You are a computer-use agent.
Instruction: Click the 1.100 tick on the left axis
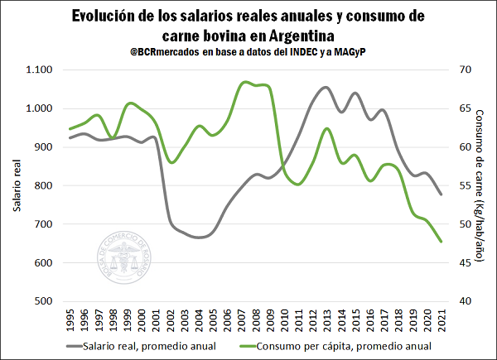39,70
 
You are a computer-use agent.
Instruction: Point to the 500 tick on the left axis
45,301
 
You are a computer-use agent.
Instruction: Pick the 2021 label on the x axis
441,319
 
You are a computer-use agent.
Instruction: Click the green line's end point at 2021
441,242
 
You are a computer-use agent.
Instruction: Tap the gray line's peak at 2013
326,87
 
